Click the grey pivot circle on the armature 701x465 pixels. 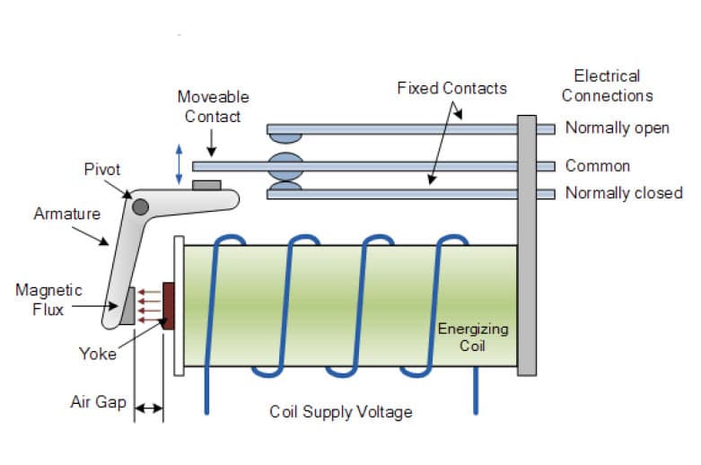coord(140,207)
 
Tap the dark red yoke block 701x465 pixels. coord(168,306)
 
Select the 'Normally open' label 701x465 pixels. coord(617,128)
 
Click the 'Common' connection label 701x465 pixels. coord(598,166)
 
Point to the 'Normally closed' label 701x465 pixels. coord(624,193)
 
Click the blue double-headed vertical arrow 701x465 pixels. coord(179,164)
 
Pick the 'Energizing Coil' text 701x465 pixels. coord(473,338)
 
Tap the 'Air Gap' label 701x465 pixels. coord(99,402)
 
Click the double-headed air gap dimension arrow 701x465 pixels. coord(149,408)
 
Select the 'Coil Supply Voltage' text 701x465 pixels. coord(341,412)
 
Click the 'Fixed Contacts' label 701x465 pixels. coord(452,88)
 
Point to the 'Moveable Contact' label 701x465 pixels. coord(214,107)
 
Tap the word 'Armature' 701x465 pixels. coord(67,214)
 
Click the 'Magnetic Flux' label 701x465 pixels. coord(48,300)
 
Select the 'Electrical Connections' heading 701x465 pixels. coord(607,86)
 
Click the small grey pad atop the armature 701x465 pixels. coord(206,185)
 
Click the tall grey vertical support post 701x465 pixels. coord(527,245)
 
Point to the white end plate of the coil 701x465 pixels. coord(179,306)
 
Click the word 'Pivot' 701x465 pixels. coord(102,170)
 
